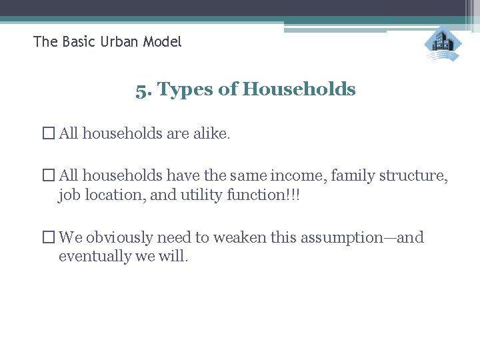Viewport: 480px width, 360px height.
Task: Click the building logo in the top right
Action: [443, 43]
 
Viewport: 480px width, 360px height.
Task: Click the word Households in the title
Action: [300, 89]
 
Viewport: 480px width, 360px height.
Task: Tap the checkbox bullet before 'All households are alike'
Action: [49, 134]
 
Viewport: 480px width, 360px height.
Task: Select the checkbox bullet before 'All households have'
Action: [49, 177]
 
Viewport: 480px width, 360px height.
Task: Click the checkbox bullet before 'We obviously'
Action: [49, 238]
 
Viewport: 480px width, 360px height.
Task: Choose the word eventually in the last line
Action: [90, 256]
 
